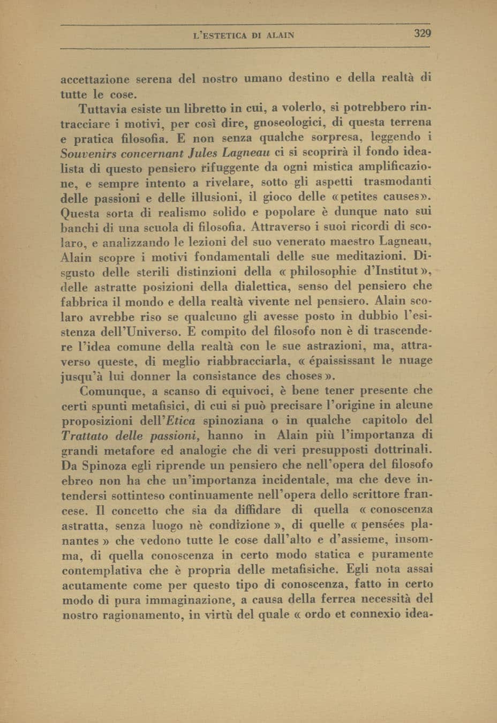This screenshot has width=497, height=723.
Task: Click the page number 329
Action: point(423,34)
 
